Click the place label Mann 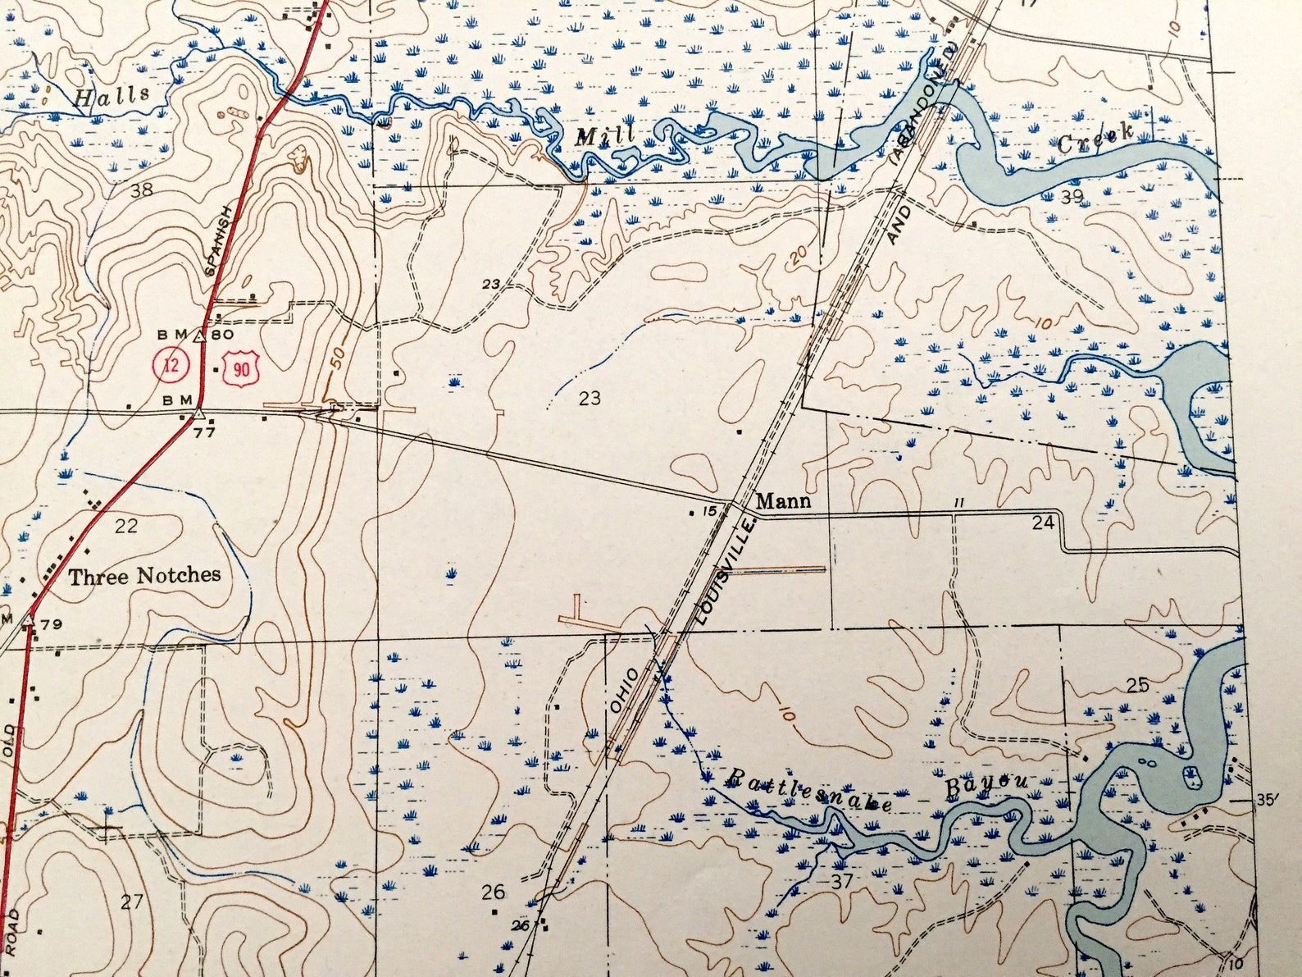point(783,500)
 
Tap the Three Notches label point(144,576)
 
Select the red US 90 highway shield point(241,369)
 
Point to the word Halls point(112,97)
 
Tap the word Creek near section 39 point(1095,139)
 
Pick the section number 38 point(141,191)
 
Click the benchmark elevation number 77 point(204,431)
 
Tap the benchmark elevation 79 point(51,624)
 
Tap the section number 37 point(842,881)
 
